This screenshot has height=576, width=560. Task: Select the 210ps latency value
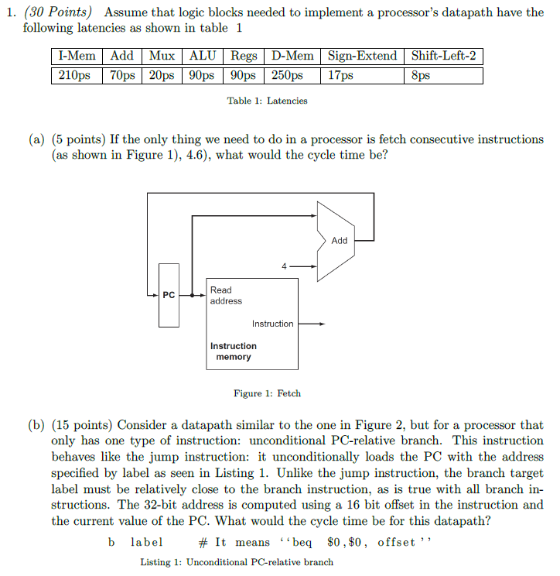75,75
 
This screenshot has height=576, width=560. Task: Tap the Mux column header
162,56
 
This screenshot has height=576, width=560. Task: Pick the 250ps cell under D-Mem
286,75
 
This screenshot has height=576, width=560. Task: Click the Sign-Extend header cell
362,56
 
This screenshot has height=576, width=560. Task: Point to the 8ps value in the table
422,75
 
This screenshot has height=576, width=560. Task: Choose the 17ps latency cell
341,75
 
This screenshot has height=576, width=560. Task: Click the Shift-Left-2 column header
444,56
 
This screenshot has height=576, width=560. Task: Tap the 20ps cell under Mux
162,75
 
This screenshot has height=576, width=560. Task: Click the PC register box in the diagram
169,295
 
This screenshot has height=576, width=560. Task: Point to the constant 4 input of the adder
284,266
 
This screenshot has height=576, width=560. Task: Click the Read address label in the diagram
225,296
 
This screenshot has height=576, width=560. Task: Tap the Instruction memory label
233,351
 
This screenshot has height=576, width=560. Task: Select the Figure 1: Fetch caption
267,393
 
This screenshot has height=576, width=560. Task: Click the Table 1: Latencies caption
267,101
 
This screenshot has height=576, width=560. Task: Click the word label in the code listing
145,542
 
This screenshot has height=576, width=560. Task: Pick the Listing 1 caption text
237,562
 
